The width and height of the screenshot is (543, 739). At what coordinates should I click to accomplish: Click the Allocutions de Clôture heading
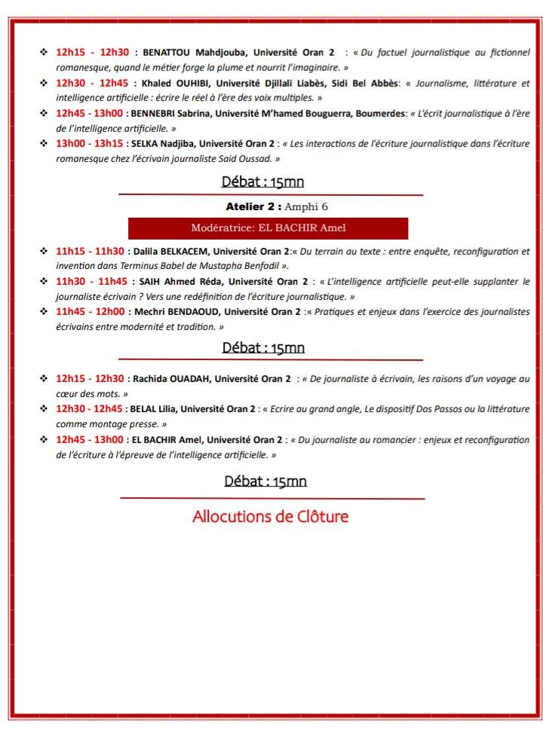[270, 517]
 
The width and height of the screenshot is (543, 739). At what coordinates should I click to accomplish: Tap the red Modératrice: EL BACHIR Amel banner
[268, 228]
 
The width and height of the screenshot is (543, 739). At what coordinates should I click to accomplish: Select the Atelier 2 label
[253, 206]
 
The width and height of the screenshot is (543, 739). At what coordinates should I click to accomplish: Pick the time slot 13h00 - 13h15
[89, 143]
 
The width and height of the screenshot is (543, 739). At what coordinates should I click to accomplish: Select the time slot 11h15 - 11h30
[89, 251]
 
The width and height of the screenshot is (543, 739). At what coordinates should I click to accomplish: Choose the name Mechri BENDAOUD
[170, 311]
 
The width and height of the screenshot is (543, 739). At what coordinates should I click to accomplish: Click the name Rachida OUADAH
[169, 378]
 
